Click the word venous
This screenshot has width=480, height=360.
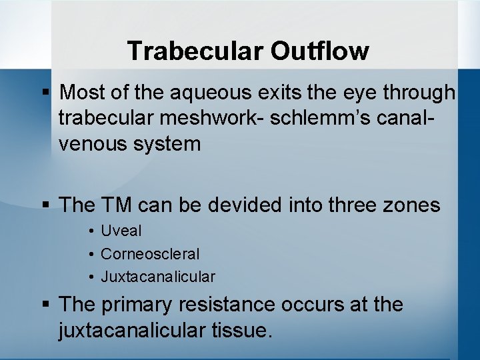pyautogui.click(x=95, y=143)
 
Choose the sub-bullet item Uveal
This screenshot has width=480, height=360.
pyautogui.click(x=121, y=231)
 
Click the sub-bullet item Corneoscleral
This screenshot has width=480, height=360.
pyautogui.click(x=150, y=254)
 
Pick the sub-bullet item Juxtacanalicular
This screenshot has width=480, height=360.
pyautogui.click(x=158, y=276)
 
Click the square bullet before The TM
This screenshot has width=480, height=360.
pyautogui.click(x=46, y=205)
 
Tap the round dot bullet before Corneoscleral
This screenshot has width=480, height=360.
pyautogui.click(x=90, y=255)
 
